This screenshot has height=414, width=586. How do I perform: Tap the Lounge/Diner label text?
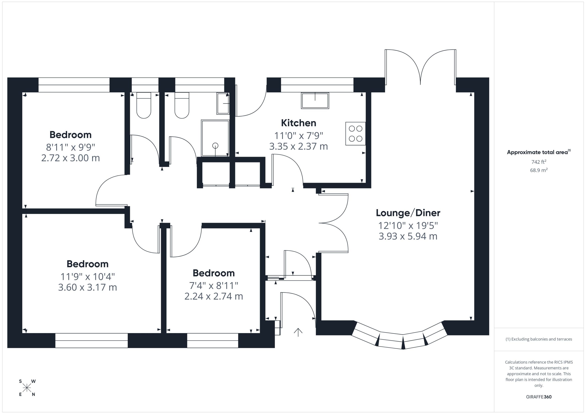coord(408,213)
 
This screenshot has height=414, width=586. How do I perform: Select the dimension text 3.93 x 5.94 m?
coord(408,236)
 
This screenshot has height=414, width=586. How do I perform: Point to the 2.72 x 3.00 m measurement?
coord(71,158)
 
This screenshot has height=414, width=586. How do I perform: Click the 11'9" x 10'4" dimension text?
coord(87,276)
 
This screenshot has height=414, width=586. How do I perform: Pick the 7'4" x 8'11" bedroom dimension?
coord(214,286)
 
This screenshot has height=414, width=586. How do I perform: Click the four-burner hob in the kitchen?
coord(355,134)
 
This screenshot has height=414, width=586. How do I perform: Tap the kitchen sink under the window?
coord(315,101)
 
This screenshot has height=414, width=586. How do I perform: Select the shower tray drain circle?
coord(215,146)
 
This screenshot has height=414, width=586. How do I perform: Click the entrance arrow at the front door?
coord(298,332)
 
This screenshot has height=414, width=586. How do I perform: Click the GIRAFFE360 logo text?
coord(539,397)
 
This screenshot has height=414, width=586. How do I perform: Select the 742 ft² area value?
coord(539,162)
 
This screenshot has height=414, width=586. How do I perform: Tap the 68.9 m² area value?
coord(539,170)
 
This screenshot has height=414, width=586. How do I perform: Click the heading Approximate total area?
coord(537,152)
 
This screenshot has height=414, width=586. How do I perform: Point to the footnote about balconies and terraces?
coord(539,339)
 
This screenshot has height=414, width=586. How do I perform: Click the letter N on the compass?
coord(33,394)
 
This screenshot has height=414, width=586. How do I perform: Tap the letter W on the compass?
coord(33,381)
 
